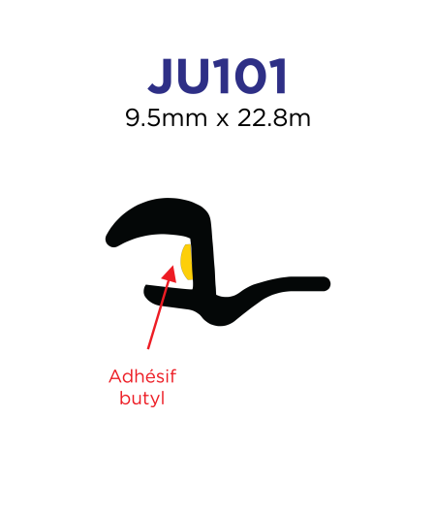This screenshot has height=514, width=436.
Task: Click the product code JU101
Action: pyautogui.click(x=218, y=76)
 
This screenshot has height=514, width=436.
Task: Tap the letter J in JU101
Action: pyautogui.click(x=162, y=77)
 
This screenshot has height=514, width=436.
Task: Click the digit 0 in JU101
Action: pyautogui.click(x=246, y=77)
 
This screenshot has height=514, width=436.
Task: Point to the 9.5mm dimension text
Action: pyautogui.click(x=166, y=118)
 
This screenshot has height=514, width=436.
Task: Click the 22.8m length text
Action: pyautogui.click(x=273, y=118)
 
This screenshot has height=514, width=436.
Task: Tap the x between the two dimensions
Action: pyautogui.click(x=223, y=120)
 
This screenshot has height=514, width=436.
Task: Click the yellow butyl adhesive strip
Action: pyautogui.click(x=186, y=262)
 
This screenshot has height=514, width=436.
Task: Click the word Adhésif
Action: pyautogui.click(x=142, y=376)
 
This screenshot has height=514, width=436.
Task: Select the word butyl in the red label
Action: pyautogui.click(x=141, y=398)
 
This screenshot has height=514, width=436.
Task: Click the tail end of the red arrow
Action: pyautogui.click(x=148, y=348)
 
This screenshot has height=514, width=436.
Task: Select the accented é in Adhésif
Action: pyautogui.click(x=147, y=376)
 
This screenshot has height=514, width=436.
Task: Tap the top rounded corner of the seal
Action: pyautogui.click(x=200, y=209)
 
